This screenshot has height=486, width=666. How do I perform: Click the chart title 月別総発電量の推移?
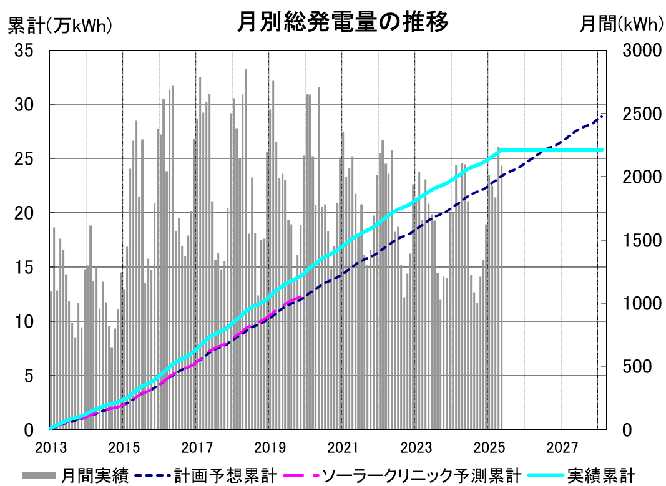pos(342,21)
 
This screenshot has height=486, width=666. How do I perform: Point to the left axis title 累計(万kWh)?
pos(60,26)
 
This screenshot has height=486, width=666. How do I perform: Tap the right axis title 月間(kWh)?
pos(621,24)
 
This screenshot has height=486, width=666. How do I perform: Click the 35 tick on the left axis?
pos(24,50)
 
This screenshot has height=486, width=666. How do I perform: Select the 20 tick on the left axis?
pos(24,213)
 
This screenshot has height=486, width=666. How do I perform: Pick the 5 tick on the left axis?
pos(29,376)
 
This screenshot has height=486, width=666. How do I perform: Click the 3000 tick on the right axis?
pos(642,50)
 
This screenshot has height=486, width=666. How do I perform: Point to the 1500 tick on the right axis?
pos(642,240)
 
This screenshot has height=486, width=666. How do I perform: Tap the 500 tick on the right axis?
pos(637,366)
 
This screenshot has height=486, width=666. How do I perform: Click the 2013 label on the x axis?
pos(51,448)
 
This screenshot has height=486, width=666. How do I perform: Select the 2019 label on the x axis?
pos(270,448)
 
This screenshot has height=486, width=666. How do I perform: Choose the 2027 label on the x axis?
pos(562,448)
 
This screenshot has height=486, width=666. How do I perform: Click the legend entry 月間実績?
pos(76,475)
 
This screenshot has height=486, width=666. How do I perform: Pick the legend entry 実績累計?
pos(581,475)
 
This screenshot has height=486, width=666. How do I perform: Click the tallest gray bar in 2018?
pos(245,249)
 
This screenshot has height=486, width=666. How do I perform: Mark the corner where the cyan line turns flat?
pos(502,150)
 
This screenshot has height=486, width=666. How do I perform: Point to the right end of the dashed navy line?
pos(604,115)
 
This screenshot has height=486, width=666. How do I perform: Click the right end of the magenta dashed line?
pos(301,297)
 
